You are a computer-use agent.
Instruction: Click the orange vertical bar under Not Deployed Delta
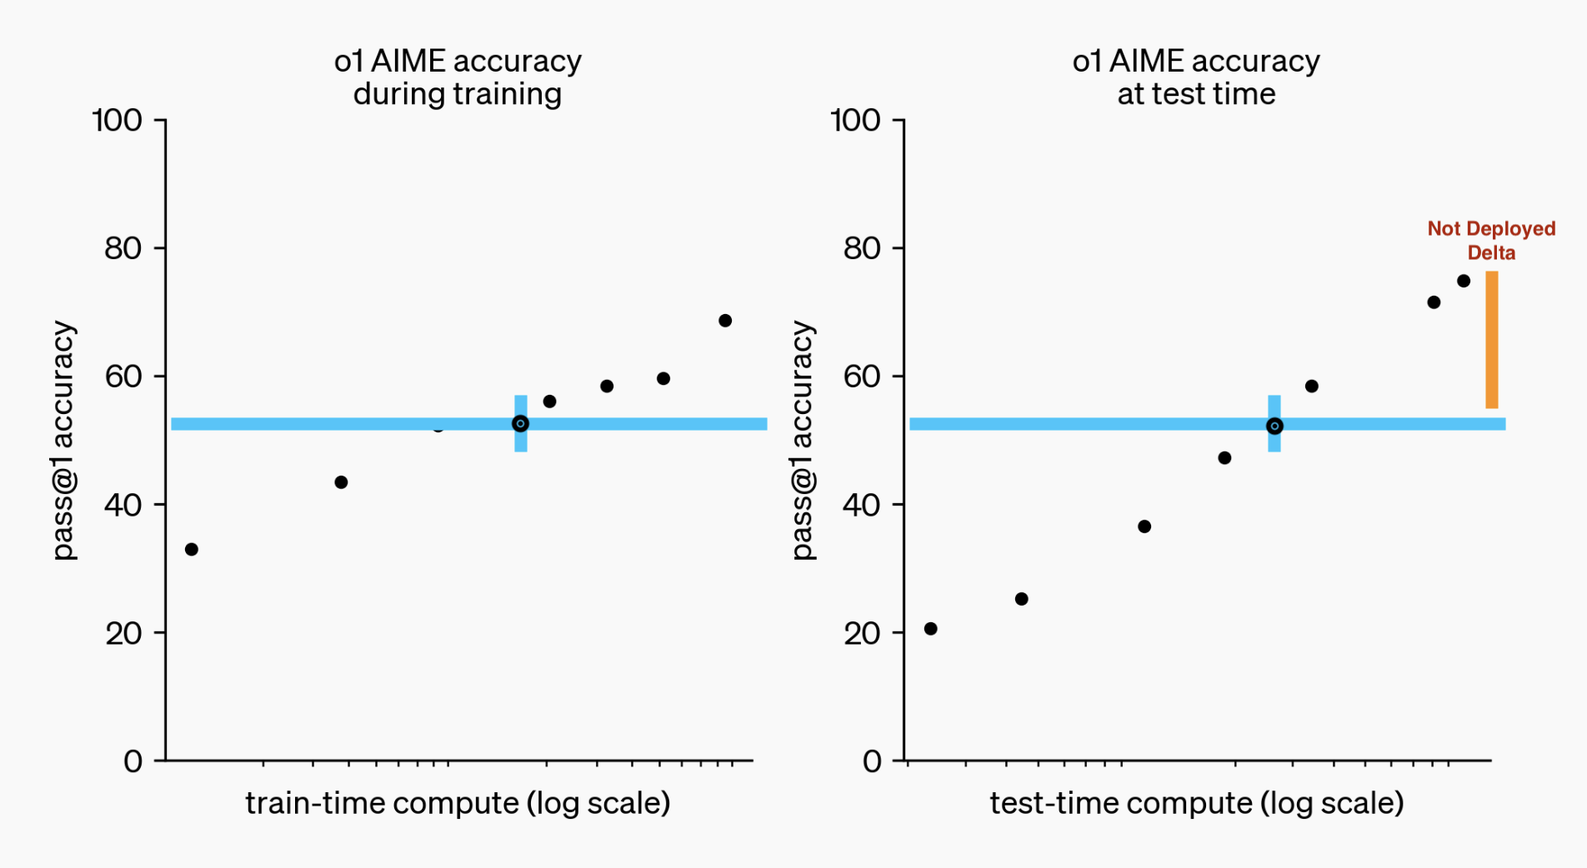click(1491, 340)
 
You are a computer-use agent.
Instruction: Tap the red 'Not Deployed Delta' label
click(1491, 240)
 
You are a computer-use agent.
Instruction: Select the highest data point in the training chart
click(725, 321)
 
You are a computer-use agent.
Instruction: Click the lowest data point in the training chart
click(192, 549)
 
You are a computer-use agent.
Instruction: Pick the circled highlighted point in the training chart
click(520, 424)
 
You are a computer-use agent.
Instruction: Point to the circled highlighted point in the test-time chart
click(1274, 426)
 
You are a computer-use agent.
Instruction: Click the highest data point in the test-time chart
click(1464, 281)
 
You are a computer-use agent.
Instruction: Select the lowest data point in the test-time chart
click(931, 628)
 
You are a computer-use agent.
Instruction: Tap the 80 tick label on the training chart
click(123, 248)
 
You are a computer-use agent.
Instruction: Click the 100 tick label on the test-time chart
click(855, 120)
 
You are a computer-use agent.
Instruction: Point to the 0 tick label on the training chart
click(133, 761)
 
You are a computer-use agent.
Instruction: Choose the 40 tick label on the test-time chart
click(861, 505)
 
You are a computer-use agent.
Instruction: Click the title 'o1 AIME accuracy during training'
click(458, 77)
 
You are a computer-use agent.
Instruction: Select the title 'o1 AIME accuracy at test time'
click(1196, 77)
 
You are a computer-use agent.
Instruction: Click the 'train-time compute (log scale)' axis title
click(458, 803)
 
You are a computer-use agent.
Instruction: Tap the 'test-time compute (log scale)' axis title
click(1196, 803)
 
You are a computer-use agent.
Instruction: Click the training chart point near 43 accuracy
click(341, 482)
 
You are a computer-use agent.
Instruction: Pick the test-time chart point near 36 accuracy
click(1144, 526)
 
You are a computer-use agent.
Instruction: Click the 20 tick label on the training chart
click(123, 633)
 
